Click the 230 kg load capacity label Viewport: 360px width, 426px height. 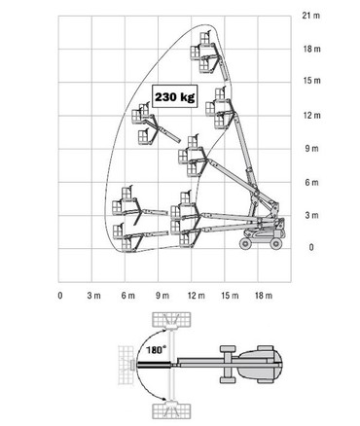175,97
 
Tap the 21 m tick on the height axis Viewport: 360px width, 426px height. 311,16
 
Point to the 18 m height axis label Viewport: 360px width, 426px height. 312,49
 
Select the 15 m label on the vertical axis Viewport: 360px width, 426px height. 312,81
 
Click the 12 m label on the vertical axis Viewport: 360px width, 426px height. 312,115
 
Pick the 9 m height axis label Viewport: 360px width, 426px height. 311,149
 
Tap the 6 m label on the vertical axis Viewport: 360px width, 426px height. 311,183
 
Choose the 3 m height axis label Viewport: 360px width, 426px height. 311,215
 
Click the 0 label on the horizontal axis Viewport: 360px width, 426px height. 60,296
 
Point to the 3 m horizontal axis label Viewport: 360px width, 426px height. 93,296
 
